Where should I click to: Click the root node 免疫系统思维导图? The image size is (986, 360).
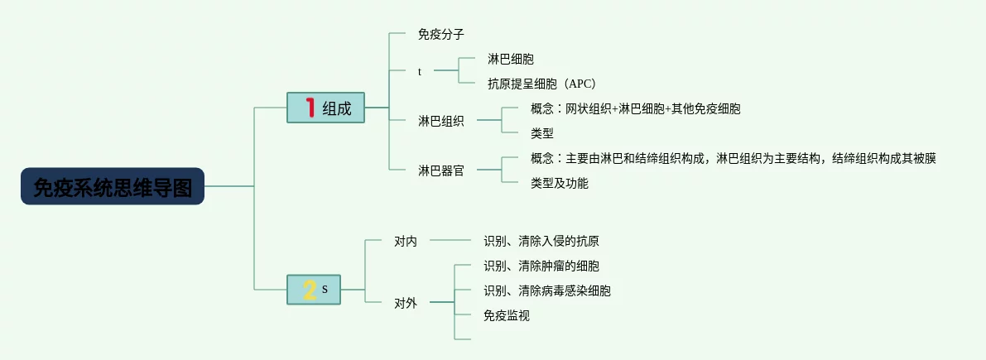pyautogui.click(x=113, y=186)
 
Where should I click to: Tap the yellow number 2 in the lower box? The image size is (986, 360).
pyautogui.click(x=309, y=290)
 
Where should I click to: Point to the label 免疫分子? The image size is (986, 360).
pyautogui.click(x=440, y=34)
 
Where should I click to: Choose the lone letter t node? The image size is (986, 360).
pyautogui.click(x=420, y=72)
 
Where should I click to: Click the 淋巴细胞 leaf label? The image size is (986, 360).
pyautogui.click(x=511, y=59)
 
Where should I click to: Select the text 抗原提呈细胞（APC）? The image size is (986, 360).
pyautogui.click(x=541, y=83)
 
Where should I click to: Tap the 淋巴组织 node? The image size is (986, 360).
pyautogui.click(x=440, y=122)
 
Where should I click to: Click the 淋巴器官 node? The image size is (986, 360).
pyautogui.click(x=440, y=170)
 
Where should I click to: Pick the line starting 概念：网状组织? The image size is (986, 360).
pyautogui.click(x=635, y=108)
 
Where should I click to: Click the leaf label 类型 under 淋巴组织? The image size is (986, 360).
pyautogui.click(x=542, y=133)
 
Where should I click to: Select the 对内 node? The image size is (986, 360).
pyautogui.click(x=406, y=241)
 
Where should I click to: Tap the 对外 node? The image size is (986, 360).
pyautogui.click(x=406, y=304)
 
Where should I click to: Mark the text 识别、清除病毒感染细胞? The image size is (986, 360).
pyautogui.click(x=547, y=290)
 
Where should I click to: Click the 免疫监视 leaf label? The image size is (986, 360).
pyautogui.click(x=506, y=315)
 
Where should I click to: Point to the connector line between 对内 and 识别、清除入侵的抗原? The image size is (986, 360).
pyautogui.click(x=450, y=239)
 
